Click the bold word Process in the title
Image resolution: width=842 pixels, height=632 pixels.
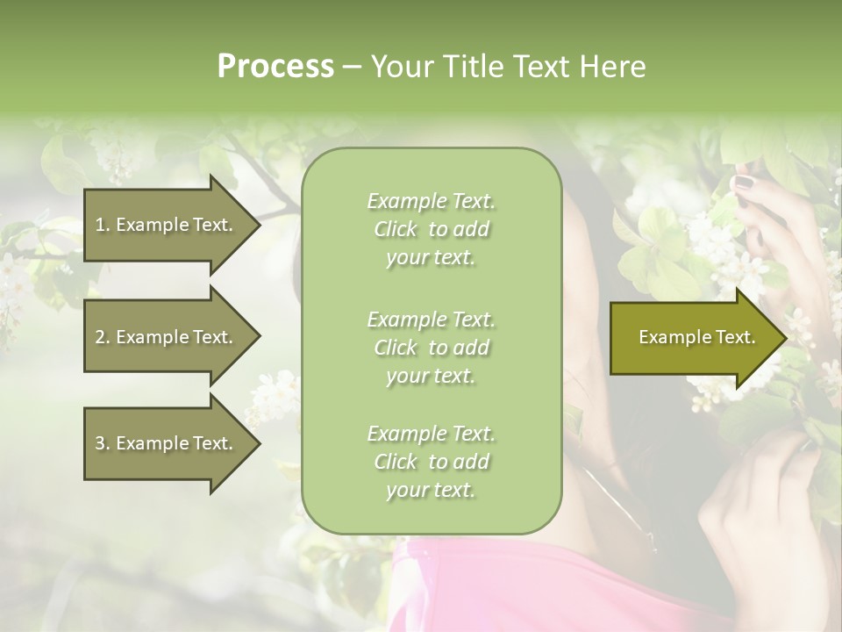[x=275, y=67]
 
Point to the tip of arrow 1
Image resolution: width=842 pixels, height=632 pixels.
[x=258, y=225]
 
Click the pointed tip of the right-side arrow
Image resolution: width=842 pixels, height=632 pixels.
[x=784, y=338]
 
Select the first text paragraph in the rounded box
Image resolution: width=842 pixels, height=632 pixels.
[x=431, y=229]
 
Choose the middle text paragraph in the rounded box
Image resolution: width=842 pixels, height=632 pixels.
[x=431, y=347]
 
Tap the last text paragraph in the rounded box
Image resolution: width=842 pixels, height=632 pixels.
[x=431, y=462]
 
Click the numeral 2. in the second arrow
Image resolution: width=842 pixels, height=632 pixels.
[x=102, y=337]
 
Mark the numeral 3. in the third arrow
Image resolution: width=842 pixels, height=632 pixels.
[x=102, y=443]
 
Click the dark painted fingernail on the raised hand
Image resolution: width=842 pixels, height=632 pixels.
[x=743, y=183]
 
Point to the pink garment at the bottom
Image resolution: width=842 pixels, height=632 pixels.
[x=491, y=588]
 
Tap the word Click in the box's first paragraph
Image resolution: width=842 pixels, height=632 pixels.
[x=395, y=230]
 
